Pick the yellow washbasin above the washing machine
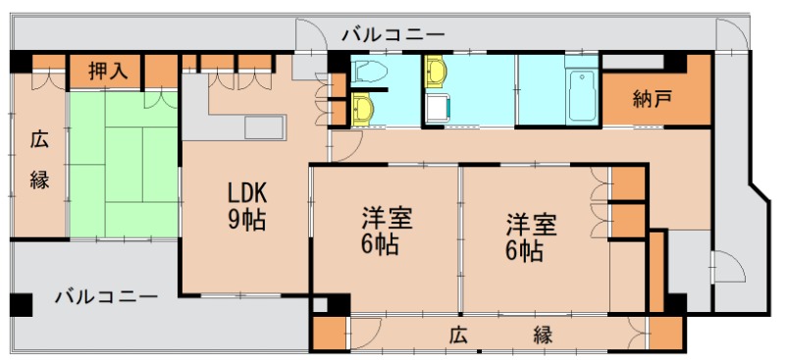tap(435, 71)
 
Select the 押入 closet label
tap(106, 71)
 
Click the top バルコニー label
tap(392, 34)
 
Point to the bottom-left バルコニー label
tap(105, 295)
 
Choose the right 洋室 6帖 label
tap(531, 235)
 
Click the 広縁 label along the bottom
tap(500, 334)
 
